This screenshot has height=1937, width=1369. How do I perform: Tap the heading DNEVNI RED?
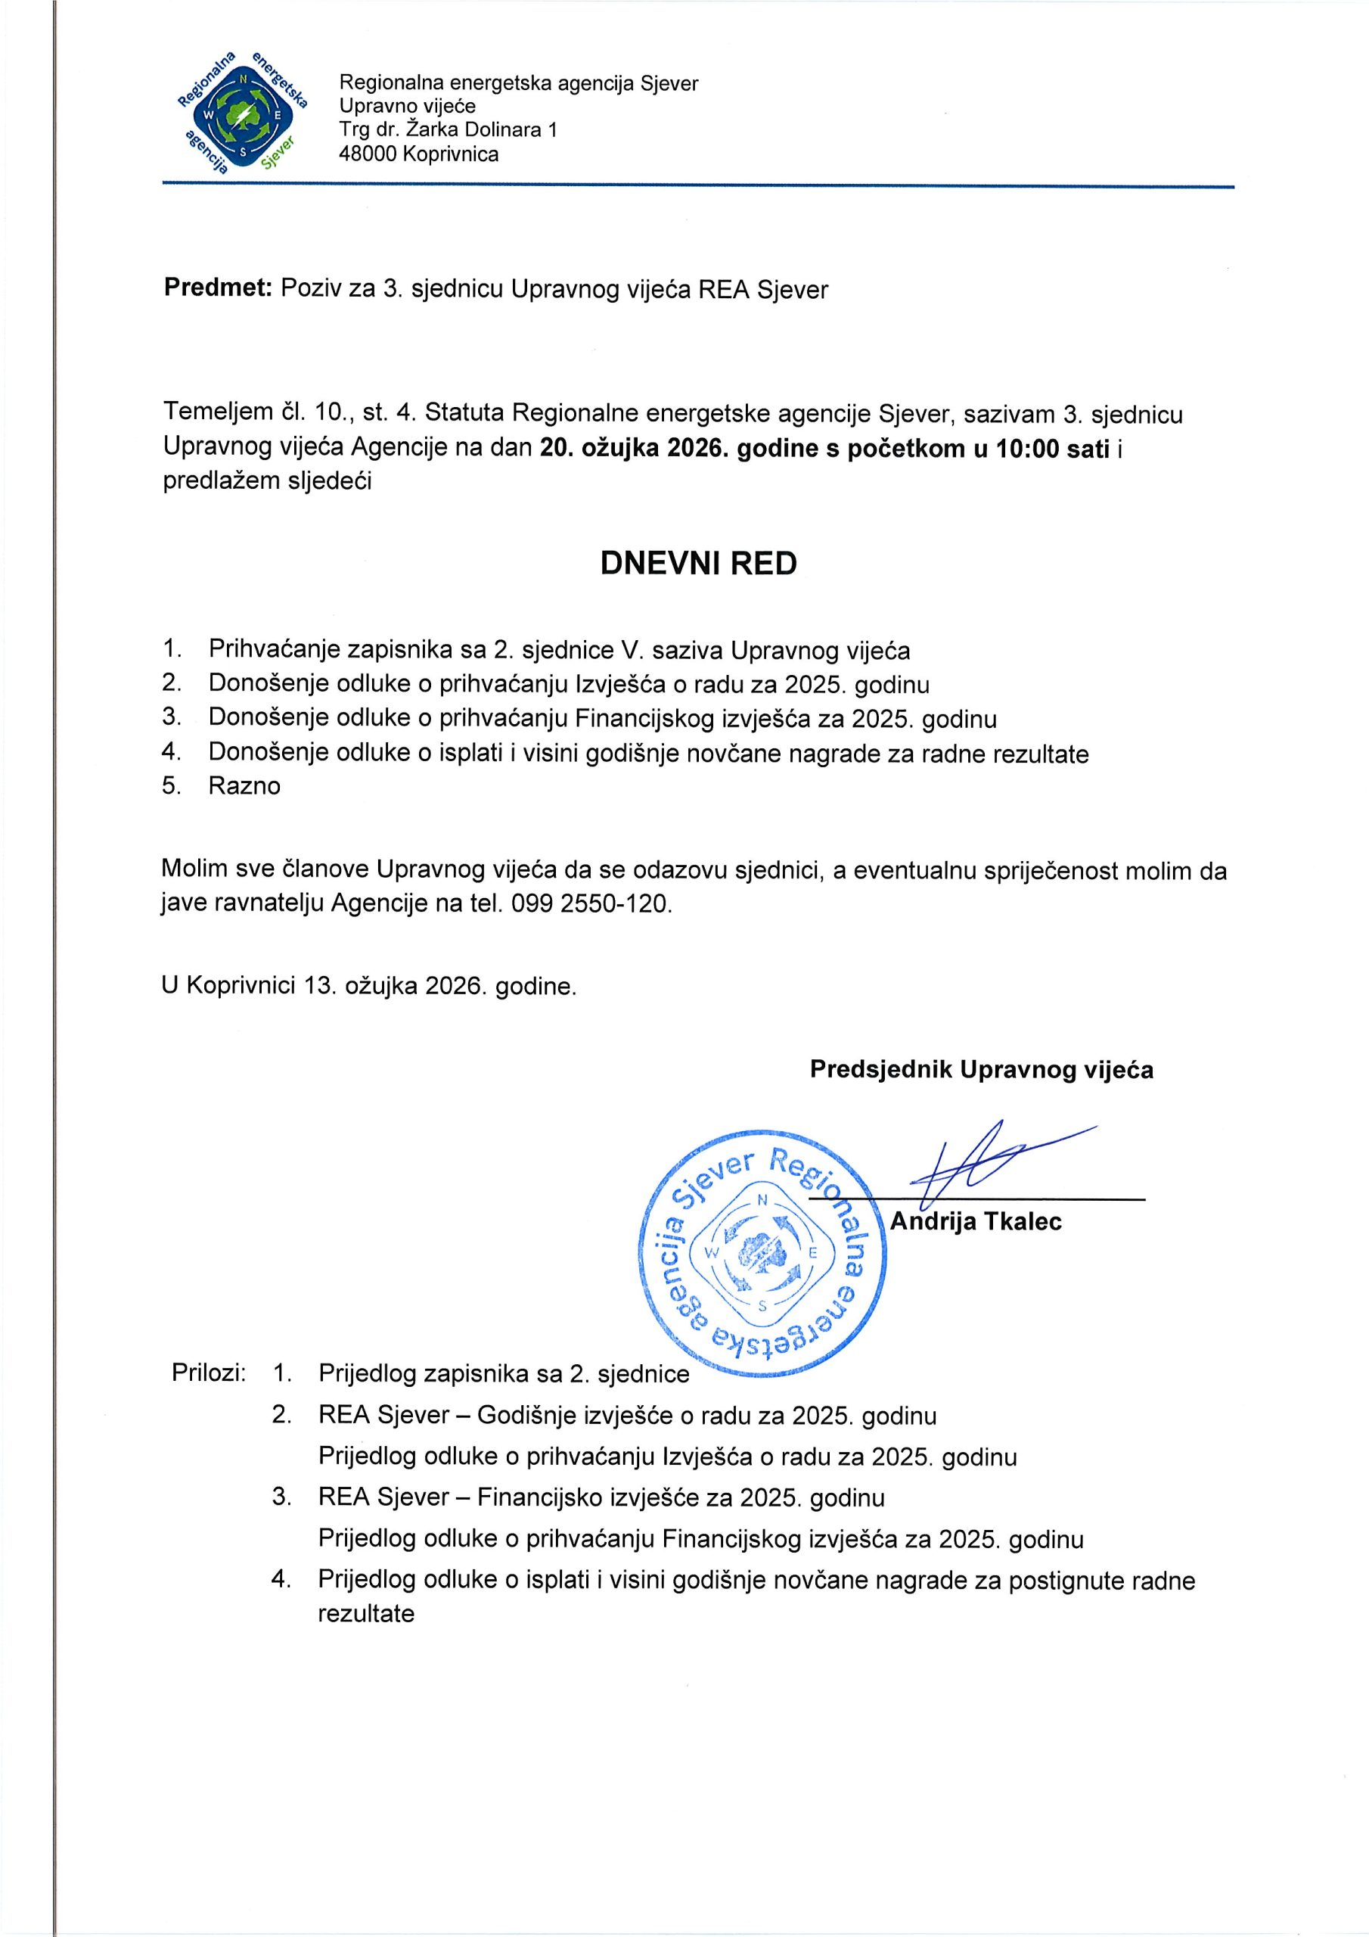pyautogui.click(x=698, y=564)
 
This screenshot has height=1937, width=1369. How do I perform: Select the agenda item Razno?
pyautogui.click(x=244, y=786)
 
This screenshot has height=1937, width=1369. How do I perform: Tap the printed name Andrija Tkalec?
pyautogui.click(x=976, y=1221)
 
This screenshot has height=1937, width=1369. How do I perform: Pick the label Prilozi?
pyautogui.click(x=208, y=1373)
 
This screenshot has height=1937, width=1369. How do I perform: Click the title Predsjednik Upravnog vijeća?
pyautogui.click(x=981, y=1070)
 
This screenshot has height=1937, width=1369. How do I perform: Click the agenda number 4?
pyautogui.click(x=172, y=753)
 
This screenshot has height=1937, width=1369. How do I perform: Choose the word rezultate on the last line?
pyautogui.click(x=366, y=1613)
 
